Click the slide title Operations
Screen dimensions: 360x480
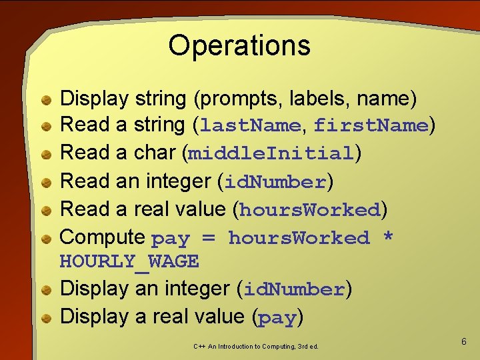(x=239, y=45)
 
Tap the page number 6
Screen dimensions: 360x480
(x=464, y=341)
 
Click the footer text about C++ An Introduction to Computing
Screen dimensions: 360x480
(x=256, y=346)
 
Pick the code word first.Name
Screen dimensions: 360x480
(x=371, y=125)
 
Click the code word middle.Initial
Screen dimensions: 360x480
(x=271, y=153)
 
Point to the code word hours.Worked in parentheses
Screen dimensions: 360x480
(x=309, y=210)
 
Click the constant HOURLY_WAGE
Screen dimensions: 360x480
(x=129, y=261)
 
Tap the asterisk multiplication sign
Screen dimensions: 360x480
(x=388, y=238)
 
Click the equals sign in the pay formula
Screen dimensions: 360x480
(x=209, y=238)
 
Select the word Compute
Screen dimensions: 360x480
(x=103, y=237)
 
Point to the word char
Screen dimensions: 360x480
(x=155, y=153)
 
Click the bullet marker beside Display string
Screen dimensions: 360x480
(x=46, y=100)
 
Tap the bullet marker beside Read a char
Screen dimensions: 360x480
(x=46, y=154)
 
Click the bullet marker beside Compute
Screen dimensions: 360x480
(x=46, y=238)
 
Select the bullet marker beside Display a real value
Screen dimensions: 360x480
(x=46, y=318)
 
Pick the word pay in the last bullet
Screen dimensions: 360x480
(x=277, y=318)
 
